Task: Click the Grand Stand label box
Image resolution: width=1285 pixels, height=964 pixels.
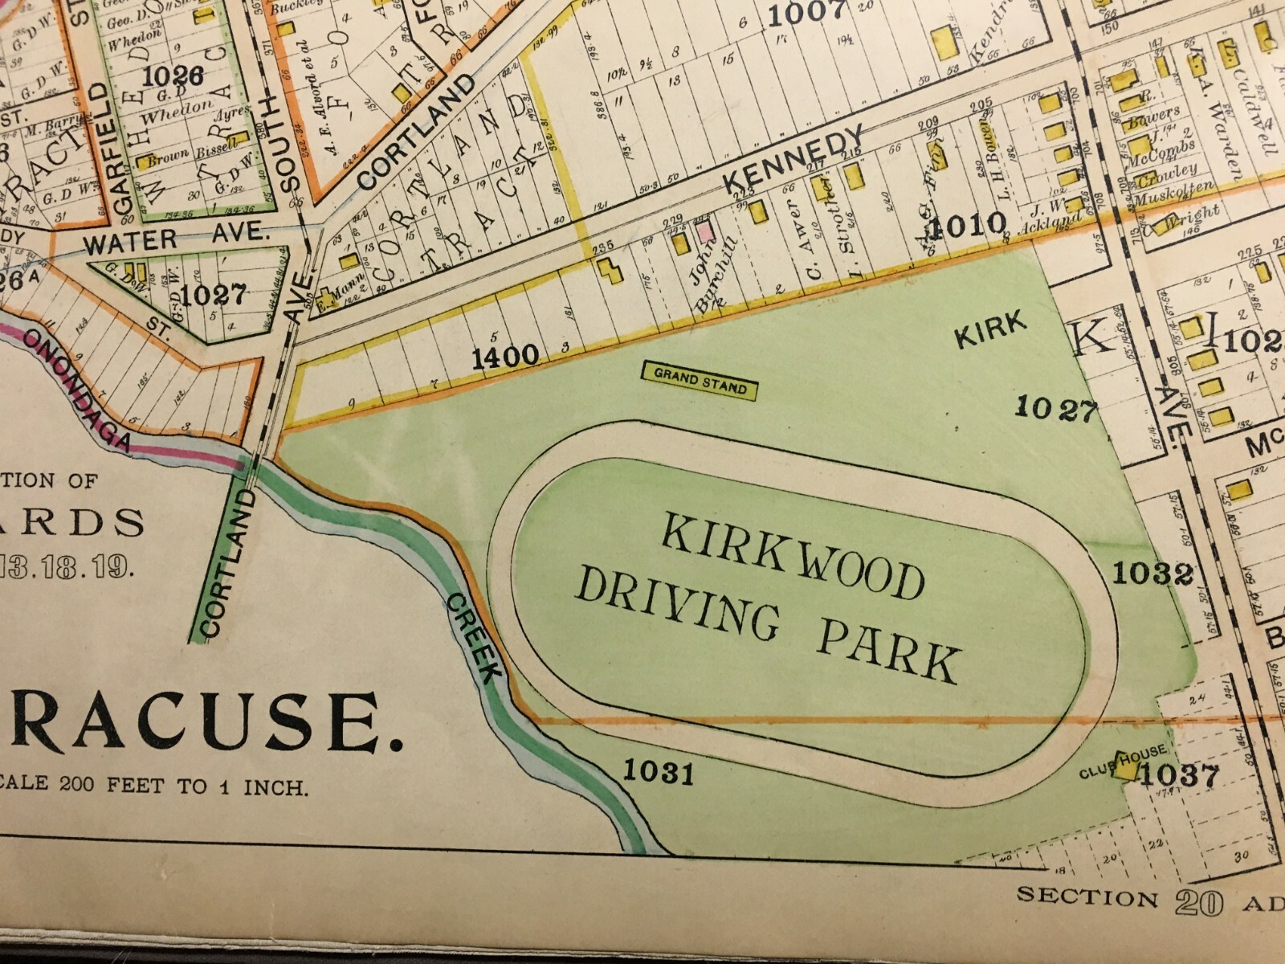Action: click(x=700, y=381)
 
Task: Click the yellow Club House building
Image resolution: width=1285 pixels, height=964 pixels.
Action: click(x=1125, y=767)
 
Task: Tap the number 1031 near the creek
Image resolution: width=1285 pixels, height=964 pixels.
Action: click(x=658, y=772)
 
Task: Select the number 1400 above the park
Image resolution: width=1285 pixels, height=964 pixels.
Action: click(x=504, y=356)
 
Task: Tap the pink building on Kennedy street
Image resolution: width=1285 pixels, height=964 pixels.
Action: click(x=704, y=232)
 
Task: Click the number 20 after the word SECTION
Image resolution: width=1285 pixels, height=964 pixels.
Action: click(x=1198, y=902)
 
